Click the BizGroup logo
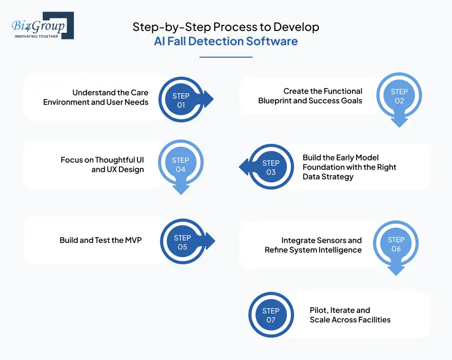[42, 25]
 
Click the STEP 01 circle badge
[181, 100]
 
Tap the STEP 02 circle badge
[399, 96]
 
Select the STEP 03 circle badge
[271, 167]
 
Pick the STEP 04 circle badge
[181, 165]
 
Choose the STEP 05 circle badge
[183, 242]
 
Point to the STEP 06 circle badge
[396, 244]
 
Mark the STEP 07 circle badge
[271, 315]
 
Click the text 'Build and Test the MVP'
[100, 240]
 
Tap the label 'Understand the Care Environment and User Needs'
[96, 97]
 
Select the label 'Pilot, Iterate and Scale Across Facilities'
[350, 315]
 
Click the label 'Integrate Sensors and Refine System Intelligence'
[313, 245]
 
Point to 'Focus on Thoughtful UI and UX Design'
[102, 164]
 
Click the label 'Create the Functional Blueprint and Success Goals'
[310, 96]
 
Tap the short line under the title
[226, 57]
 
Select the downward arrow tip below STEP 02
[399, 124]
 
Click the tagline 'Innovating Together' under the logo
[36, 36]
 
